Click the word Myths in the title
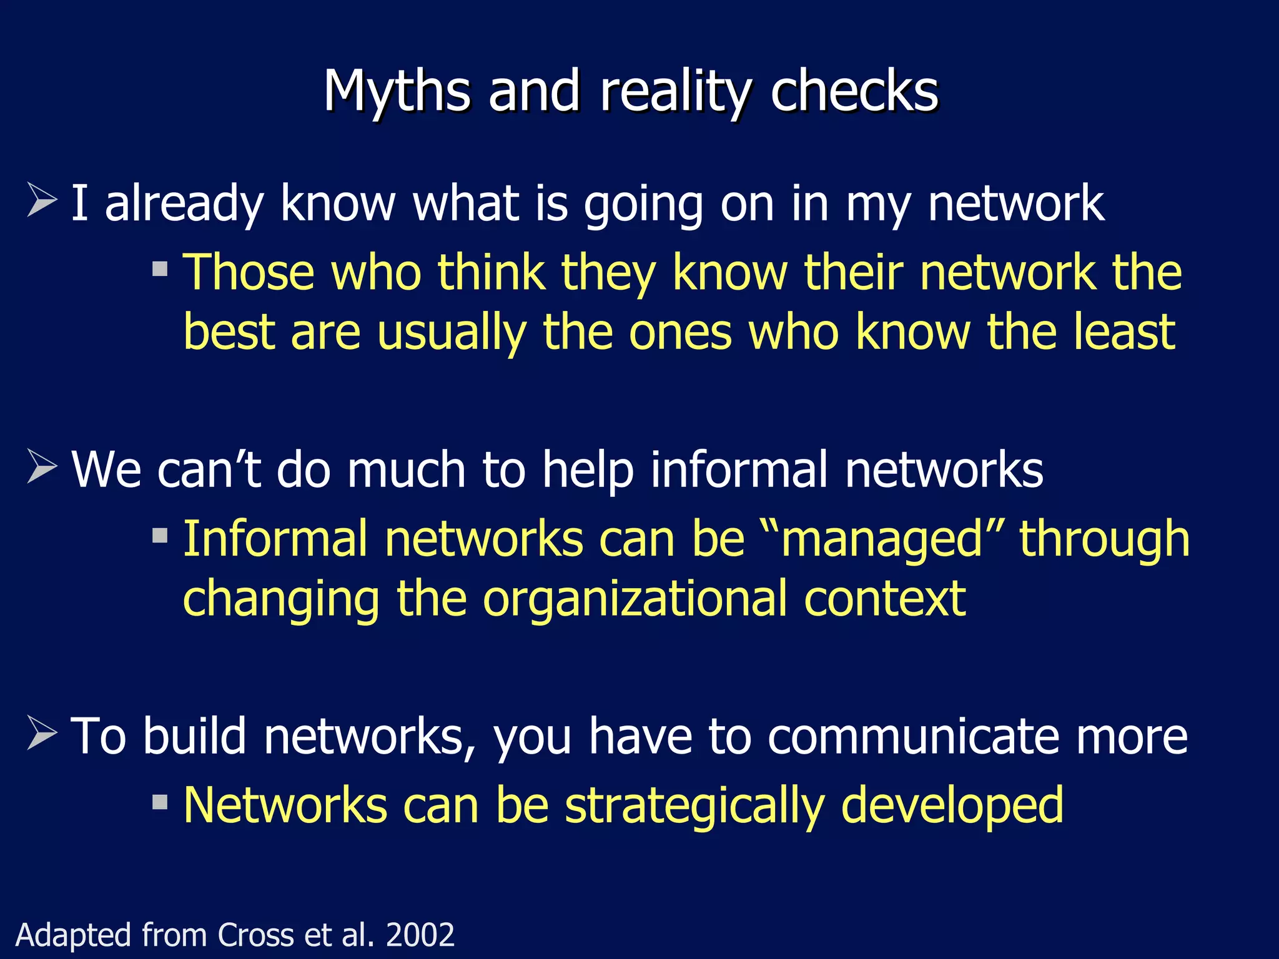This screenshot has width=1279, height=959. click(396, 92)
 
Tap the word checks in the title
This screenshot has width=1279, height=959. click(854, 92)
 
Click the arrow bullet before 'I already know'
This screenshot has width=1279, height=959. click(42, 200)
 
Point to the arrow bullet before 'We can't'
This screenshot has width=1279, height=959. click(42, 467)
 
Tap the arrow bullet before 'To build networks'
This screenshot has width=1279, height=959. click(42, 733)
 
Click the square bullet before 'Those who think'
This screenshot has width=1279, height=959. click(160, 268)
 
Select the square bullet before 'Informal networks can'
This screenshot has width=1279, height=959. click(160, 535)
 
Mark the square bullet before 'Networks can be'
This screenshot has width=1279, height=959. click(160, 802)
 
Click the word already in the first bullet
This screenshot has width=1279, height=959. click(183, 204)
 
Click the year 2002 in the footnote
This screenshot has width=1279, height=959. click(420, 935)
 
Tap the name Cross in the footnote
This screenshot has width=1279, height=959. click(255, 935)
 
